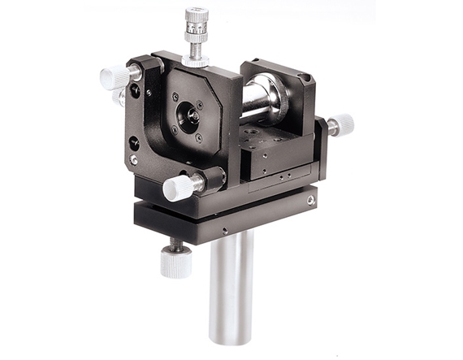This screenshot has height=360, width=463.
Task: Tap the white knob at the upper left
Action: click(x=114, y=78)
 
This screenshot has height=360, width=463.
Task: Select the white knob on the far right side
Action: click(x=342, y=124)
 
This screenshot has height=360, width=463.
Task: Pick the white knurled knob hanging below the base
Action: click(x=175, y=262)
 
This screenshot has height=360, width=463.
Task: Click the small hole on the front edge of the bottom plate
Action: click(x=224, y=231)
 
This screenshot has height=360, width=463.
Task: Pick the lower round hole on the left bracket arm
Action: click(x=133, y=144)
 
